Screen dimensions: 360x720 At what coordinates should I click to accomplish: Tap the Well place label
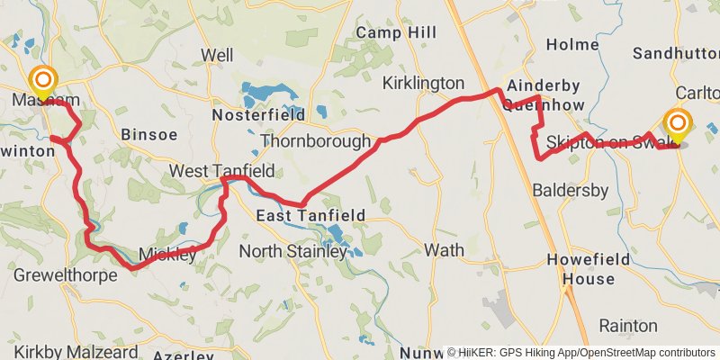coord(217,56)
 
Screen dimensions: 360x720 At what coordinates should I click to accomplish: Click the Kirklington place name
coord(423,83)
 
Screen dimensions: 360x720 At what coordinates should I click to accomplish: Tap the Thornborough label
coord(315,141)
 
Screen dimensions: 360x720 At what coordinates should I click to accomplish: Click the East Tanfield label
coord(310,216)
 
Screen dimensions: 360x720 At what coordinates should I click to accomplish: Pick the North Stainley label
coord(292,252)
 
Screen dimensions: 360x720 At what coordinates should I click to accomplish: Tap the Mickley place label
coord(167,255)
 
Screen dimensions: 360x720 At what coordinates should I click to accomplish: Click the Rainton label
coord(629,325)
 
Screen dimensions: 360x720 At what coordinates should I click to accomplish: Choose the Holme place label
coord(572,44)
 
